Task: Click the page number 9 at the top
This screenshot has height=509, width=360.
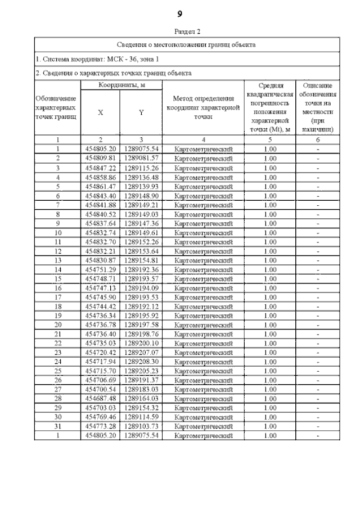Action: pos(179,13)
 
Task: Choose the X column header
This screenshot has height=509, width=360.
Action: pos(101,112)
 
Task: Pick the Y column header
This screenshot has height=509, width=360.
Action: pos(141,112)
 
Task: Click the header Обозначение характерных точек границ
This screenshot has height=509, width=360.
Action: pos(57,107)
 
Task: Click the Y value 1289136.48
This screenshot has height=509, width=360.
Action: pos(141,178)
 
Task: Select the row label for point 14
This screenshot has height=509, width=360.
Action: pos(57,269)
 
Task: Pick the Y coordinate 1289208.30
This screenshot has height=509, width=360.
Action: pos(141,362)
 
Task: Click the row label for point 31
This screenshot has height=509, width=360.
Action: pos(57,426)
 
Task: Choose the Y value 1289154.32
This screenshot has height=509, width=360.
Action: pos(141,408)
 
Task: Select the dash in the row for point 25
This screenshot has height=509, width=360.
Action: pos(318,371)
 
